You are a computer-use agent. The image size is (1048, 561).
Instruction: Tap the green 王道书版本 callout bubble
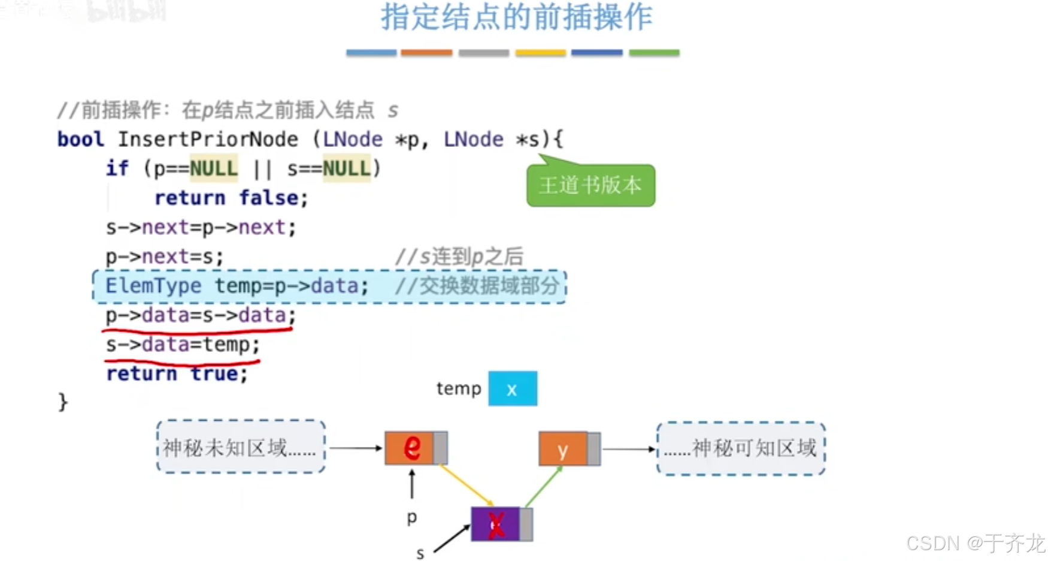pos(590,185)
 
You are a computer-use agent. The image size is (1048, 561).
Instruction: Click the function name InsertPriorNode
pos(208,140)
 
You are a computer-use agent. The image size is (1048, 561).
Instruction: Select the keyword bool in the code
pos(80,140)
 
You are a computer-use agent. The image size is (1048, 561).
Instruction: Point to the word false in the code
pos(269,198)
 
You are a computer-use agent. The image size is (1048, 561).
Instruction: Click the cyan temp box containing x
pos(512,389)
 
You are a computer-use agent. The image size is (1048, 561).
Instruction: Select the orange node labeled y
pos(563,449)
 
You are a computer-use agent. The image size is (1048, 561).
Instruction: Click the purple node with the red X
pos(496,524)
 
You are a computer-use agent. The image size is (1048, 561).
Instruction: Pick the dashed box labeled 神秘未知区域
pos(241,447)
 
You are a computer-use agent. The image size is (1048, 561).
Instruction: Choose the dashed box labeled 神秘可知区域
pos(741,448)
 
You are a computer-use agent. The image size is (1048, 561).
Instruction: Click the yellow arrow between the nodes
pos(467,485)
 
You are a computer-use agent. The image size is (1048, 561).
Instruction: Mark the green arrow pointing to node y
pos(544,486)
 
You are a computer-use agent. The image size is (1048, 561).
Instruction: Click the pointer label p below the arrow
pos(411,517)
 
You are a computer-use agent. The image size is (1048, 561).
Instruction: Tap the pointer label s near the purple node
pos(420,553)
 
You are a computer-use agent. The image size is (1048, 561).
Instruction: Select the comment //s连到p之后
pos(459,257)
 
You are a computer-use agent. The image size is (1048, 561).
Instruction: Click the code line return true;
pos(177,373)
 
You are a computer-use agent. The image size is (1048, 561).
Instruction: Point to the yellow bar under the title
pos(540,53)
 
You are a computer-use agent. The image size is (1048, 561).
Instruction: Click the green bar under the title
pos(654,53)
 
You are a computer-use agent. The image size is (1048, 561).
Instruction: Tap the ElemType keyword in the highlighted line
pos(153,286)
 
